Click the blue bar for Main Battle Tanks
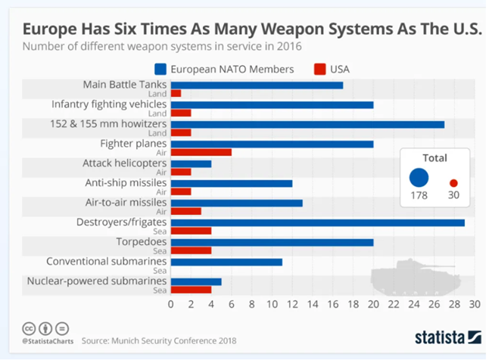coord(257,85)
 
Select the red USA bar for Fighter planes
coord(201,152)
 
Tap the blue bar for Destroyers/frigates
coord(318,222)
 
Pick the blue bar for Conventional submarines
coord(226,262)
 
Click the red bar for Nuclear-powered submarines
coord(191,290)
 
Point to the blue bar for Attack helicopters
coord(191,163)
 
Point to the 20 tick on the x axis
coord(373,305)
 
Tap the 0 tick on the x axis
coord(171,305)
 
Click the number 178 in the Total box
coord(418,196)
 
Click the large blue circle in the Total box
coord(418,178)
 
